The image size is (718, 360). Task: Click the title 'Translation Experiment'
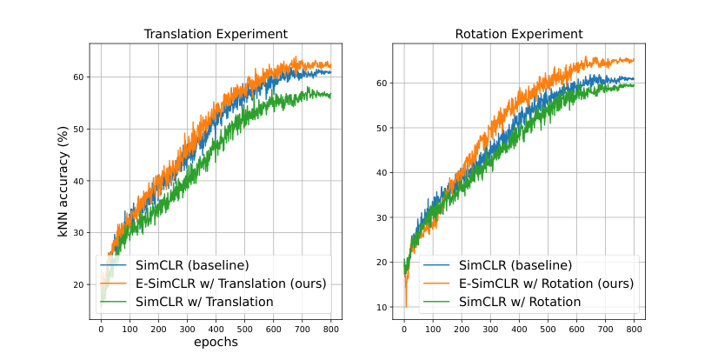pos(215,34)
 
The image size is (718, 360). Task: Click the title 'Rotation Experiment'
pos(518,34)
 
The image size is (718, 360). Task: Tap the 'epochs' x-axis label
pos(215,343)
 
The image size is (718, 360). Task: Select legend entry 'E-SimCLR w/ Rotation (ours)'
pos(540,283)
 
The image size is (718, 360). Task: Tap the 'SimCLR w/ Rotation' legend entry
pos(520,301)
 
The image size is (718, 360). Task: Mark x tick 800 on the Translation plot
pos(330,329)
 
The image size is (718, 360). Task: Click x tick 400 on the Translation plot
pos(216,329)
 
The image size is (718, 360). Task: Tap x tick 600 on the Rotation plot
pos(576,329)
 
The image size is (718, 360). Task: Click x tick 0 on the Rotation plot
pos(404,329)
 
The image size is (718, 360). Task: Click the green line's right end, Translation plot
pos(330,96)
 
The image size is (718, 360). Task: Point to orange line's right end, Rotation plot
pos(634,60)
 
